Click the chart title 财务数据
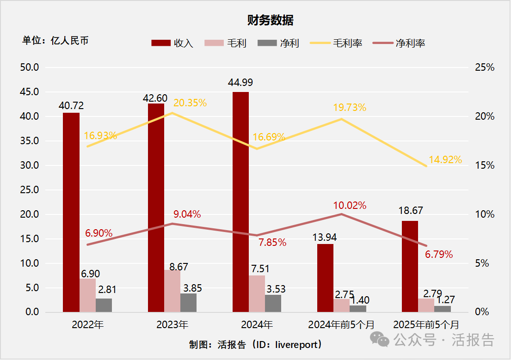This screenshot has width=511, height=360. tap(270, 20)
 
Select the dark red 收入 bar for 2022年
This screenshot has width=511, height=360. tap(71, 213)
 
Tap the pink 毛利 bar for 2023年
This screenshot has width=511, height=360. tap(172, 291)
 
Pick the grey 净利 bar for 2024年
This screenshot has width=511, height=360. tap(273, 304)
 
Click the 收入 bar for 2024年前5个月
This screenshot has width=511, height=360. tap(325, 278)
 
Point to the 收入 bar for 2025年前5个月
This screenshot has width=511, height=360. tap(410, 267)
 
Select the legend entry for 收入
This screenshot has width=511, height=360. tap(172, 43)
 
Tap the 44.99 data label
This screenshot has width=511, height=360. tap(240, 83)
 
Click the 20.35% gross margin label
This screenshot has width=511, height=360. tap(190, 103)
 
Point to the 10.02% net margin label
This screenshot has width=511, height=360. tap(350, 205)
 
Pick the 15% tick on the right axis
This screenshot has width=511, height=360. tap(485, 165)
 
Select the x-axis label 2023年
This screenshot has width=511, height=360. tap(172, 324)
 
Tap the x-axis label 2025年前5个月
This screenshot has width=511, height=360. tap(426, 324)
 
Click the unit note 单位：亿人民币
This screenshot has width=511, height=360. tap(55, 41)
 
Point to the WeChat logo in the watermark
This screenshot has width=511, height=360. tap(382, 341)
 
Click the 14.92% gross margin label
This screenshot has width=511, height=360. tap(445, 160)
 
